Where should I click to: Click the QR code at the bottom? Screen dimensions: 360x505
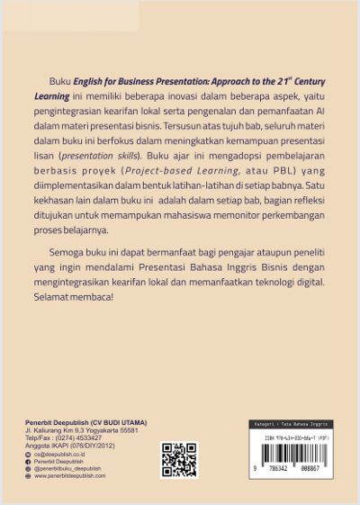click(178, 459)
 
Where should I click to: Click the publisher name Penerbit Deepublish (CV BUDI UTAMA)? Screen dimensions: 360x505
click(85, 423)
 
